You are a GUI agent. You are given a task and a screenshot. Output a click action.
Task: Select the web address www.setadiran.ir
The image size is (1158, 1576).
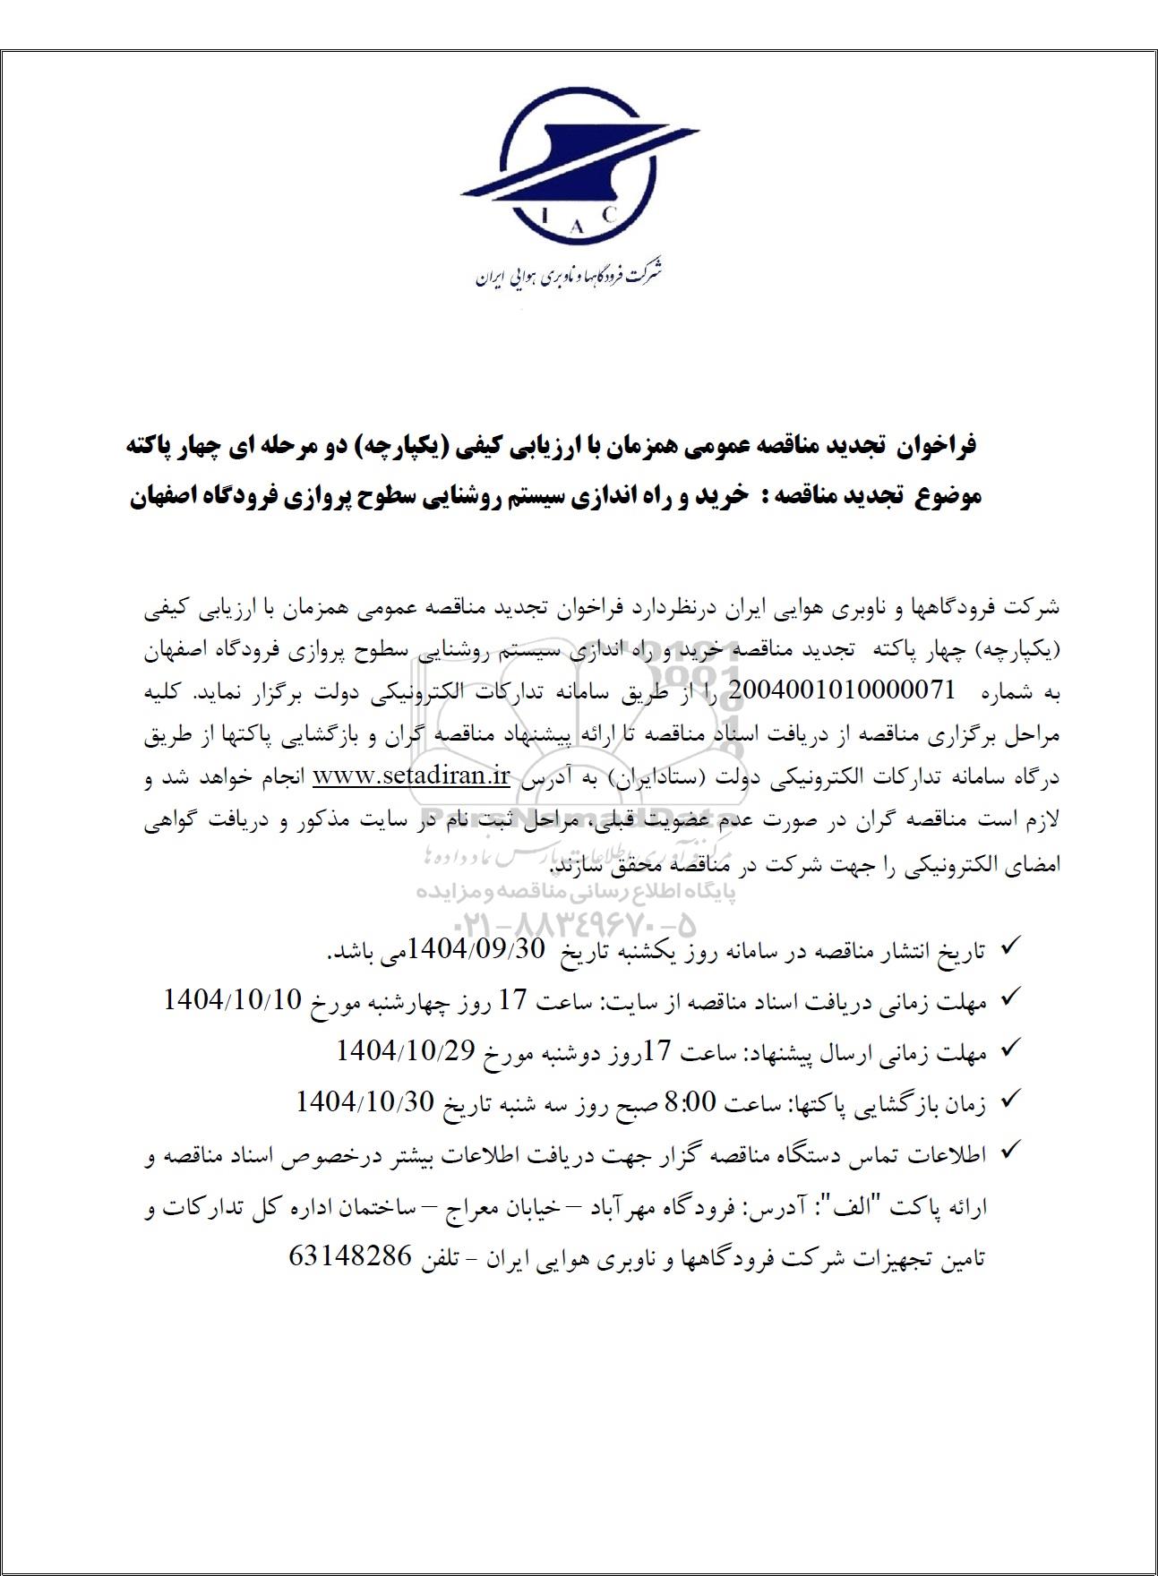pyautogui.click(x=411, y=776)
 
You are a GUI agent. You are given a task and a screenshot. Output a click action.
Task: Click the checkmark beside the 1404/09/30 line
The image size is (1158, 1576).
pyautogui.click(x=1007, y=947)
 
